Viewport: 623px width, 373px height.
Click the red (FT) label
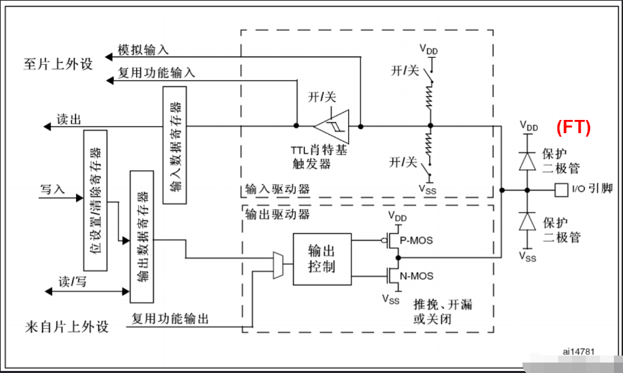[x=573, y=128]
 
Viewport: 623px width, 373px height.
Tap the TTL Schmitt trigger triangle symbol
[x=331, y=126]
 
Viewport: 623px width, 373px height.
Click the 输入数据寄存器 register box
[x=174, y=146]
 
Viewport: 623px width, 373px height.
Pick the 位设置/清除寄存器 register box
[x=94, y=200]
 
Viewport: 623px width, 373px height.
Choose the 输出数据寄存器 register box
[x=142, y=236]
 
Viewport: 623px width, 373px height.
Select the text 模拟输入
[x=143, y=50]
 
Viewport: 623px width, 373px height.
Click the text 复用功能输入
[x=156, y=73]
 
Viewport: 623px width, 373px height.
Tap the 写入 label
[x=52, y=189]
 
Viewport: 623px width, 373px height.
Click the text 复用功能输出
[x=170, y=319]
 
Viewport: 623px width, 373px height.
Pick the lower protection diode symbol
[x=529, y=222]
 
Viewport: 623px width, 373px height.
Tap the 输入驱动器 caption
[x=278, y=189]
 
